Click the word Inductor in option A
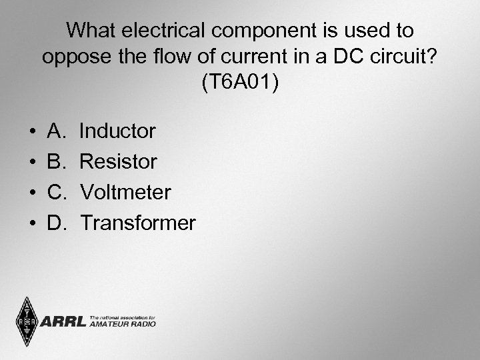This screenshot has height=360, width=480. pyautogui.click(x=117, y=131)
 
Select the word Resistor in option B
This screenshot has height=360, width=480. pyautogui.click(x=118, y=162)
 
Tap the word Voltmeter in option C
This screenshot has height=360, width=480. pyautogui.click(x=125, y=193)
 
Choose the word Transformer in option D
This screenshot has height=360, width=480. pyautogui.click(x=137, y=223)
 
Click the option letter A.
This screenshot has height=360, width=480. pyautogui.click(x=55, y=131)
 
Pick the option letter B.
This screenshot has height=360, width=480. pyautogui.click(x=55, y=162)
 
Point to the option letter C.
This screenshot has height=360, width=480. pyautogui.click(x=56, y=193)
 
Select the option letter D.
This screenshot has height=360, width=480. pyautogui.click(x=56, y=223)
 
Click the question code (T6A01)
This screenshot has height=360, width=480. pyautogui.click(x=240, y=83)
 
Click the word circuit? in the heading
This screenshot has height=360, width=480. pyautogui.click(x=404, y=57)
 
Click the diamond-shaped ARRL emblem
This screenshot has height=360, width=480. pyautogui.click(x=27, y=322)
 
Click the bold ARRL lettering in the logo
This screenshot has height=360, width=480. pyautogui.click(x=63, y=323)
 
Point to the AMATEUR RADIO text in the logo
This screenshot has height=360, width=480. pyautogui.click(x=122, y=325)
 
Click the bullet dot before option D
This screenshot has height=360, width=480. pyautogui.click(x=33, y=224)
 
